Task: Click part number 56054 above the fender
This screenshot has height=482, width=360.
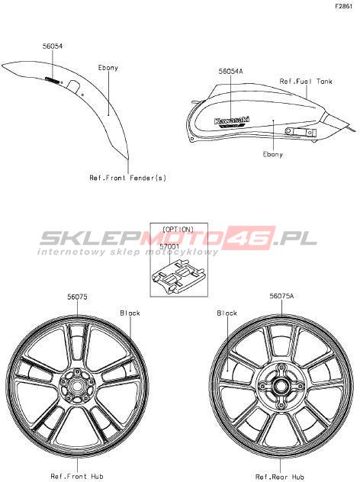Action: [x=53, y=46]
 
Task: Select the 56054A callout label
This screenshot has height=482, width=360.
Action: [x=230, y=72]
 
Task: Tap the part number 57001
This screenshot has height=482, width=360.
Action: [x=169, y=246]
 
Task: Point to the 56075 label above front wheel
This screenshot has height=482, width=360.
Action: [x=77, y=297]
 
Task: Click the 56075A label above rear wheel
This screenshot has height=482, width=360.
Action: [x=281, y=296]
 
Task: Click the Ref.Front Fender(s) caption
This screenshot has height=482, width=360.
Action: [x=127, y=178]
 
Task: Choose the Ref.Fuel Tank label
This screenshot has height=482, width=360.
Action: [x=306, y=81]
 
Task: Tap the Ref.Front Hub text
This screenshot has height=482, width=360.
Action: [x=77, y=477]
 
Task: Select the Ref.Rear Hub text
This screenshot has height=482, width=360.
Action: [x=280, y=477]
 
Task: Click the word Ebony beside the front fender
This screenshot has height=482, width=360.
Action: [x=108, y=68]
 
